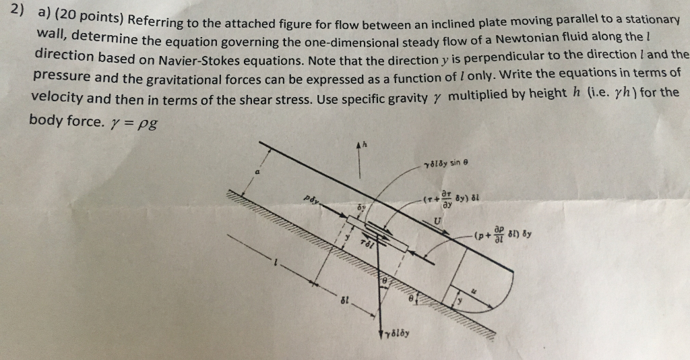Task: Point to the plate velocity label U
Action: click(440, 223)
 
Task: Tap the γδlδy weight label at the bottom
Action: click(398, 332)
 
